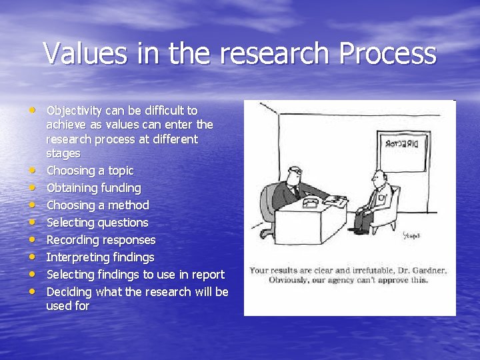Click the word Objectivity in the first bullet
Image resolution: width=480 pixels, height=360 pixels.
(x=74, y=110)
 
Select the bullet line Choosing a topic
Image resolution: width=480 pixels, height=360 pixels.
(x=89, y=171)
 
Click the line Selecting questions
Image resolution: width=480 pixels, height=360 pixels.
(x=97, y=223)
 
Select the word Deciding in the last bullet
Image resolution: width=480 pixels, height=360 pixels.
(x=69, y=292)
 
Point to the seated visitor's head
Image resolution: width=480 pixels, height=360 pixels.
(x=378, y=177)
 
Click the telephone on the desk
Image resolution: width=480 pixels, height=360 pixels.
(x=311, y=201)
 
